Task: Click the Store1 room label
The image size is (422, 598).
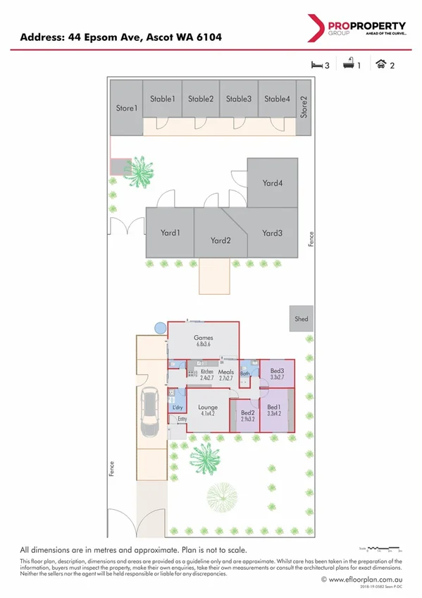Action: tap(126, 109)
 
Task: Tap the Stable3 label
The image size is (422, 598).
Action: tap(239, 99)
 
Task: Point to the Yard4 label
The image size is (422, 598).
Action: tap(273, 183)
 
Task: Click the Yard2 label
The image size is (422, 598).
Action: tap(221, 240)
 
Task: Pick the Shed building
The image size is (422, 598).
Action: tap(301, 319)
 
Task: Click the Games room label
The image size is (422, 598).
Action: tap(204, 338)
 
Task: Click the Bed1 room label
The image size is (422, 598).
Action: tap(273, 408)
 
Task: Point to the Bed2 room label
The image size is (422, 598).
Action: tap(247, 413)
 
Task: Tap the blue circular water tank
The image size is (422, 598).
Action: tap(161, 327)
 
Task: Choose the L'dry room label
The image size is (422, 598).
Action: tap(178, 408)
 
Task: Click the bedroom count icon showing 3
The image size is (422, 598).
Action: tap(320, 65)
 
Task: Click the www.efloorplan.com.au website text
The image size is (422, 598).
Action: tap(365, 580)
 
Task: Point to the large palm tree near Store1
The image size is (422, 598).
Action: tap(141, 172)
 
